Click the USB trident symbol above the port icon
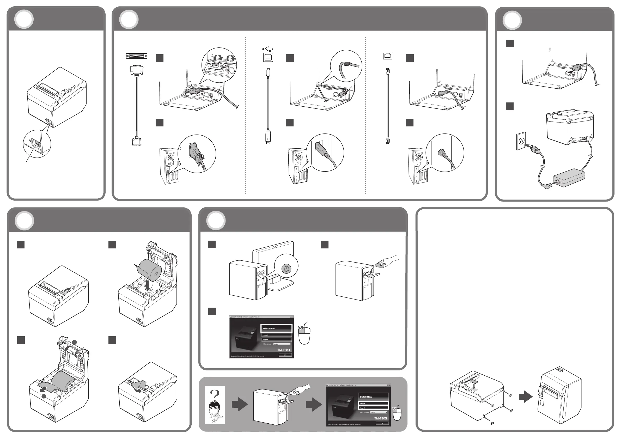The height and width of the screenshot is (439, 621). click(x=268, y=49)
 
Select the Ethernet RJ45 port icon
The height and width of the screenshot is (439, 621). click(x=388, y=56)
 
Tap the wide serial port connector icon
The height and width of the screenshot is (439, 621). click(x=136, y=56)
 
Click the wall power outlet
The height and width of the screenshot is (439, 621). click(x=521, y=141)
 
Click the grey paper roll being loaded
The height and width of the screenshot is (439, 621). click(x=150, y=270)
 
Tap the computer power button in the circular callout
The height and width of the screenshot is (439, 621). click(x=286, y=269)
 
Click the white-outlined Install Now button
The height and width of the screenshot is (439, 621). click(x=276, y=328)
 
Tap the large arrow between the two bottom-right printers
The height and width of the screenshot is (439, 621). click(x=525, y=397)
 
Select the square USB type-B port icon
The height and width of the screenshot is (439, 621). click(x=268, y=57)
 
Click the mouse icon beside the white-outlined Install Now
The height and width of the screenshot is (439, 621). click(x=304, y=334)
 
